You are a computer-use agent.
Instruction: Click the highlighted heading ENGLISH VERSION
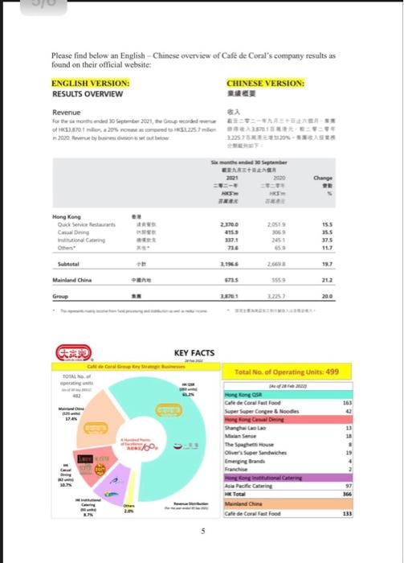click(x=90, y=83)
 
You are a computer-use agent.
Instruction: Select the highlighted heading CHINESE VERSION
click(x=265, y=83)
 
